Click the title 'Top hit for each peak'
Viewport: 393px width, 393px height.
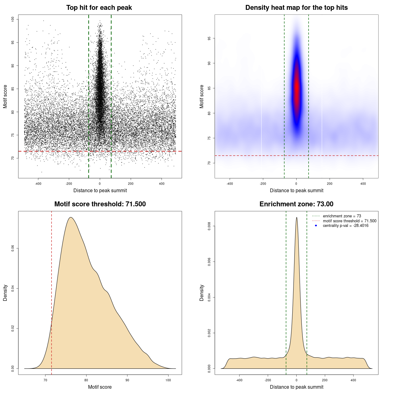99,8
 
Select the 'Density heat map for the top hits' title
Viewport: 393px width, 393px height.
296,8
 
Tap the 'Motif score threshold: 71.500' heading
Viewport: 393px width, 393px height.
100,204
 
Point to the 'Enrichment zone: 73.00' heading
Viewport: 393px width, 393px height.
296,204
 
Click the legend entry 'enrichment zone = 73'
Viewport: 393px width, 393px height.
342,216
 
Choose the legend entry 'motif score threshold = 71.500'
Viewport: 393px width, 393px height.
349,221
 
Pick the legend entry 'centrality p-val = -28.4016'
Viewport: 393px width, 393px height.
345,226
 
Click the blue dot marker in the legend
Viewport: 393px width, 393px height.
316,226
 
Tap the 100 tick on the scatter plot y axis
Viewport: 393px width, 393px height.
13,19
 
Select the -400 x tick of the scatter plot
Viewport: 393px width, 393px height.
38,184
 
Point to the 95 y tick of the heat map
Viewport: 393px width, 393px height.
209,38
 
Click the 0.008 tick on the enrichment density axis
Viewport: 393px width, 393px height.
209,226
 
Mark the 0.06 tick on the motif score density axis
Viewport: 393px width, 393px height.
13,248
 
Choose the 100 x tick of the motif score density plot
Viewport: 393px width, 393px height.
168,380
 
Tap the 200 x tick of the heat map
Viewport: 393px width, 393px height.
329,184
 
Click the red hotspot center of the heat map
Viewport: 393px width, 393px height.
296,89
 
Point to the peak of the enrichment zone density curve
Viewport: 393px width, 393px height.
297,218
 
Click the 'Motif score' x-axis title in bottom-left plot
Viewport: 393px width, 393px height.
100,387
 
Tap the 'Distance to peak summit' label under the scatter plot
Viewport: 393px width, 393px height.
100,190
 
